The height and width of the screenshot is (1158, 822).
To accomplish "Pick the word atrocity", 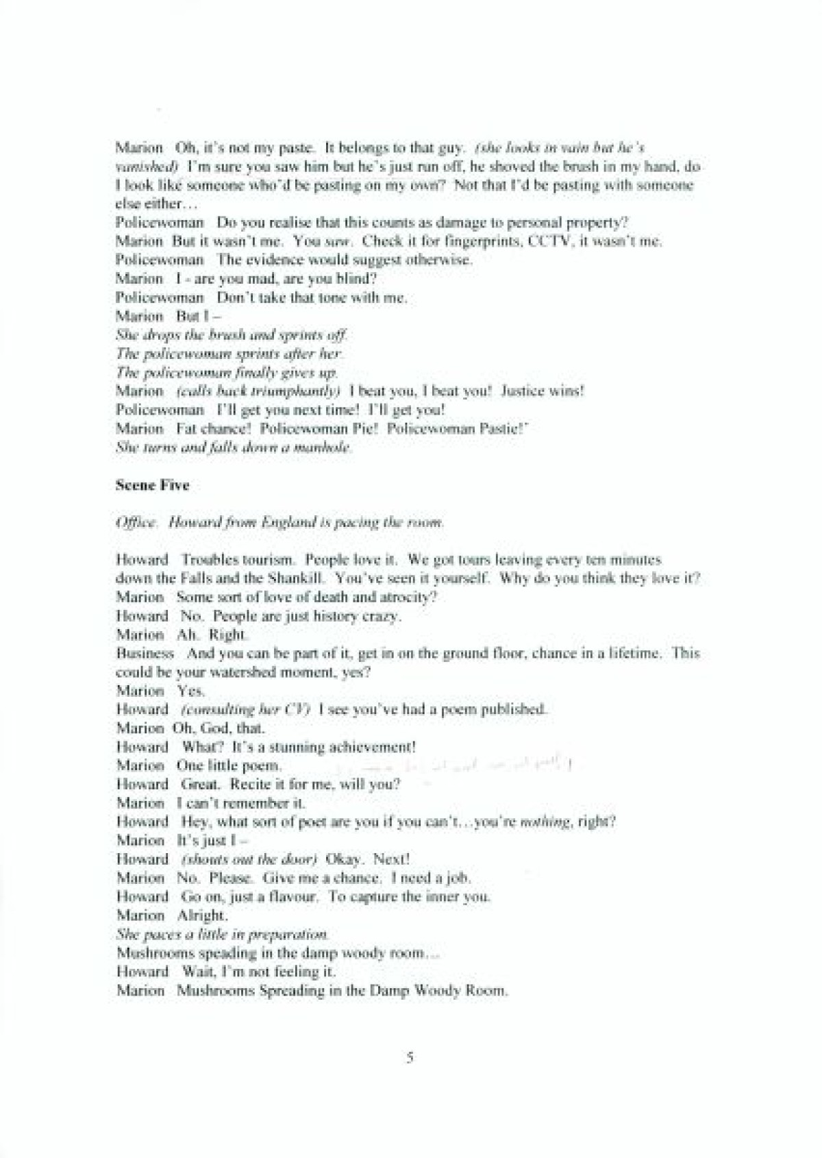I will (406, 597).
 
